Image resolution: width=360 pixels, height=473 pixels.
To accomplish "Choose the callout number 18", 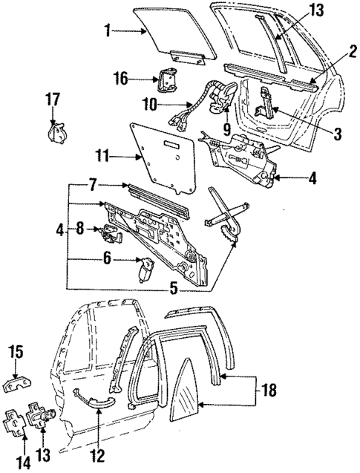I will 272,389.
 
